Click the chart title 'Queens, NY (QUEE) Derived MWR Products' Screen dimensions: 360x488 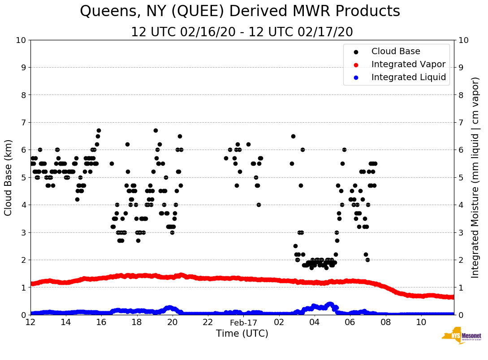[240, 12]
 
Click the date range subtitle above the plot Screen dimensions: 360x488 [242, 32]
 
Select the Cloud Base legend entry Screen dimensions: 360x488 [396, 51]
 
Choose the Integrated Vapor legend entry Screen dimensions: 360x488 [408, 64]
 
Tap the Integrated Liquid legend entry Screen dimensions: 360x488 [409, 77]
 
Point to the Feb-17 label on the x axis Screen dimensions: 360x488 [243, 322]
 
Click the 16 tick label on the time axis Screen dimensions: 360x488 [101, 322]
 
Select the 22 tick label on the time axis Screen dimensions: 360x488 [207, 322]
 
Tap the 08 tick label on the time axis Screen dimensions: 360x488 [385, 322]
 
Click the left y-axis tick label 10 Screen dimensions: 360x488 [21, 40]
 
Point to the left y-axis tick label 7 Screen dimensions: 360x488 [23, 123]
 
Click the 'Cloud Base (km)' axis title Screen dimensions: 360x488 [9, 177]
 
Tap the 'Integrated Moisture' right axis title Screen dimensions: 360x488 [475, 177]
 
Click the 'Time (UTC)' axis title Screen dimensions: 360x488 [242, 334]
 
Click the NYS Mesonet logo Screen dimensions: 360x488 [461, 336]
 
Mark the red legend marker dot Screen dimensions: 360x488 [356, 65]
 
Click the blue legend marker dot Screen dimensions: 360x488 [356, 78]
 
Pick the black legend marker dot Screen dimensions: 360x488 [356, 52]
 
